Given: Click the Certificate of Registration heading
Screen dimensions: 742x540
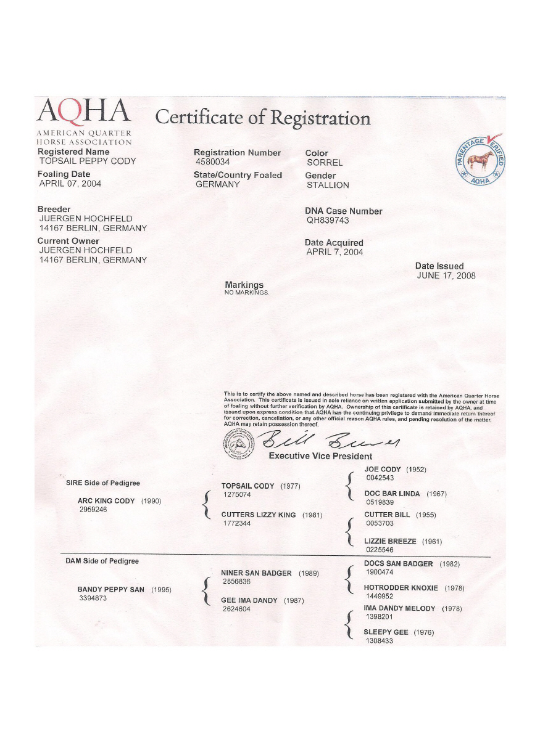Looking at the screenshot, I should (x=262, y=117).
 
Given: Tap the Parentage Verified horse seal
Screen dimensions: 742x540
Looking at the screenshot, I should (x=480, y=161).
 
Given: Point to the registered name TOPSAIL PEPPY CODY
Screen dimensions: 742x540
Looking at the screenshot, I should (x=87, y=161).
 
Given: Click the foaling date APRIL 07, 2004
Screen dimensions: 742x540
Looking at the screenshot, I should (x=70, y=184).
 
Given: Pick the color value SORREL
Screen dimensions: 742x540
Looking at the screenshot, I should (x=325, y=163).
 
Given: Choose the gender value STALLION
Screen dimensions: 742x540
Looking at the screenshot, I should (x=328, y=185).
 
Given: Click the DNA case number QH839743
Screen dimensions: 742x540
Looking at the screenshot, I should (x=328, y=221).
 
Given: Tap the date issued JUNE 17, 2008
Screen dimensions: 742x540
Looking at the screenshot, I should (x=446, y=276).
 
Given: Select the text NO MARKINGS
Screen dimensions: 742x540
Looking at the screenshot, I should (x=247, y=292).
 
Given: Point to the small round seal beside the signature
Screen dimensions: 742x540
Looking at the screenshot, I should (x=238, y=443).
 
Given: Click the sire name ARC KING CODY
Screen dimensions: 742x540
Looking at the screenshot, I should (x=106, y=501).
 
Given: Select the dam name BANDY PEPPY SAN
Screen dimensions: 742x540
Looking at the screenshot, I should (x=111, y=590).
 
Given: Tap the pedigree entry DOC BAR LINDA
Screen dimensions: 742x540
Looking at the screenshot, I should (x=392, y=494).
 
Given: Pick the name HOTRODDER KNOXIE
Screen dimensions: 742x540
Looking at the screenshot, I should (x=401, y=588).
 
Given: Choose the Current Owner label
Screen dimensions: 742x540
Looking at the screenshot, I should (x=69, y=241).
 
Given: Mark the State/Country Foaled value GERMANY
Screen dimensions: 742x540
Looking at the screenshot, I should (x=218, y=184).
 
